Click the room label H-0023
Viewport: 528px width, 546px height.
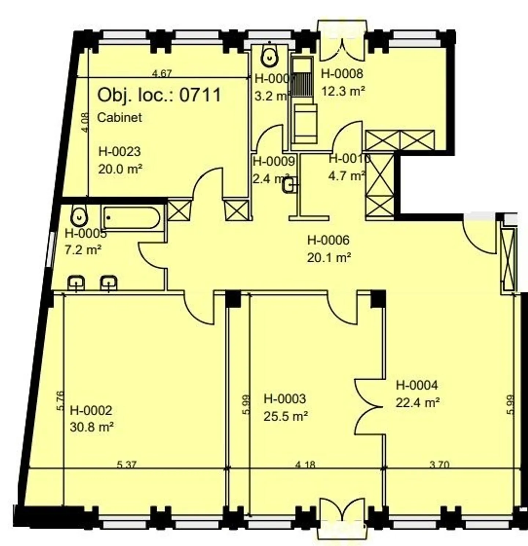point(120,151)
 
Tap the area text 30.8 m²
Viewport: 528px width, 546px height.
point(92,427)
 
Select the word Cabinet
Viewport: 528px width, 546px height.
point(120,117)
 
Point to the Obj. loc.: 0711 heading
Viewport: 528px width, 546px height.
point(159,95)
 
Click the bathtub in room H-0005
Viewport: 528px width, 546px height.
point(131,218)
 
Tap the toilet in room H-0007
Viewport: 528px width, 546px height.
point(269,56)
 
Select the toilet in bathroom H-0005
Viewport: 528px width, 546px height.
point(79,217)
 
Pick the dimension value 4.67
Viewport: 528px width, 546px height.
point(162,73)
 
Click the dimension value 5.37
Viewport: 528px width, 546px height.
point(126,465)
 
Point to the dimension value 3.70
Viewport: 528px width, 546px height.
point(439,465)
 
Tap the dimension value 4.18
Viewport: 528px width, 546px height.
point(305,465)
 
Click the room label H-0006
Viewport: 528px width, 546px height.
point(328,240)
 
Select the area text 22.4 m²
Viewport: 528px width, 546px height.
point(418,402)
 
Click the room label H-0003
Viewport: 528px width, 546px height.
point(285,399)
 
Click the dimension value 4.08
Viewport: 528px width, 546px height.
point(85,123)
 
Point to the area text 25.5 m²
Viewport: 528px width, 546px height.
point(286,416)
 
